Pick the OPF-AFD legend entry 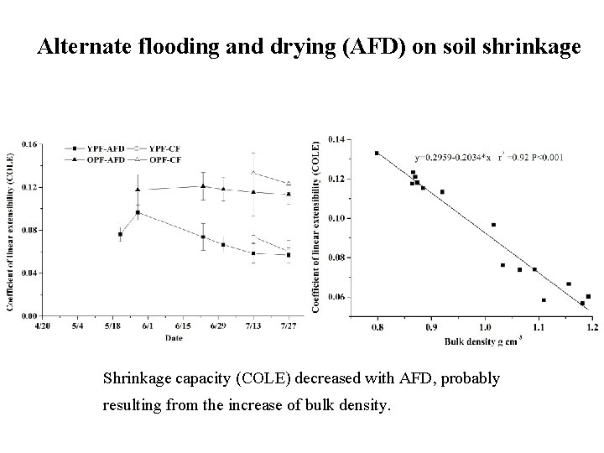[x=89, y=159]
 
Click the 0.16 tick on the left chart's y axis [x=29, y=143]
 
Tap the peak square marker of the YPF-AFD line [x=138, y=212]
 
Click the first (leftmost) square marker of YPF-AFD [x=120, y=235]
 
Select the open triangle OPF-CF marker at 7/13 [x=253, y=173]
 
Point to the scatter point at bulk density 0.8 [x=377, y=153]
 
